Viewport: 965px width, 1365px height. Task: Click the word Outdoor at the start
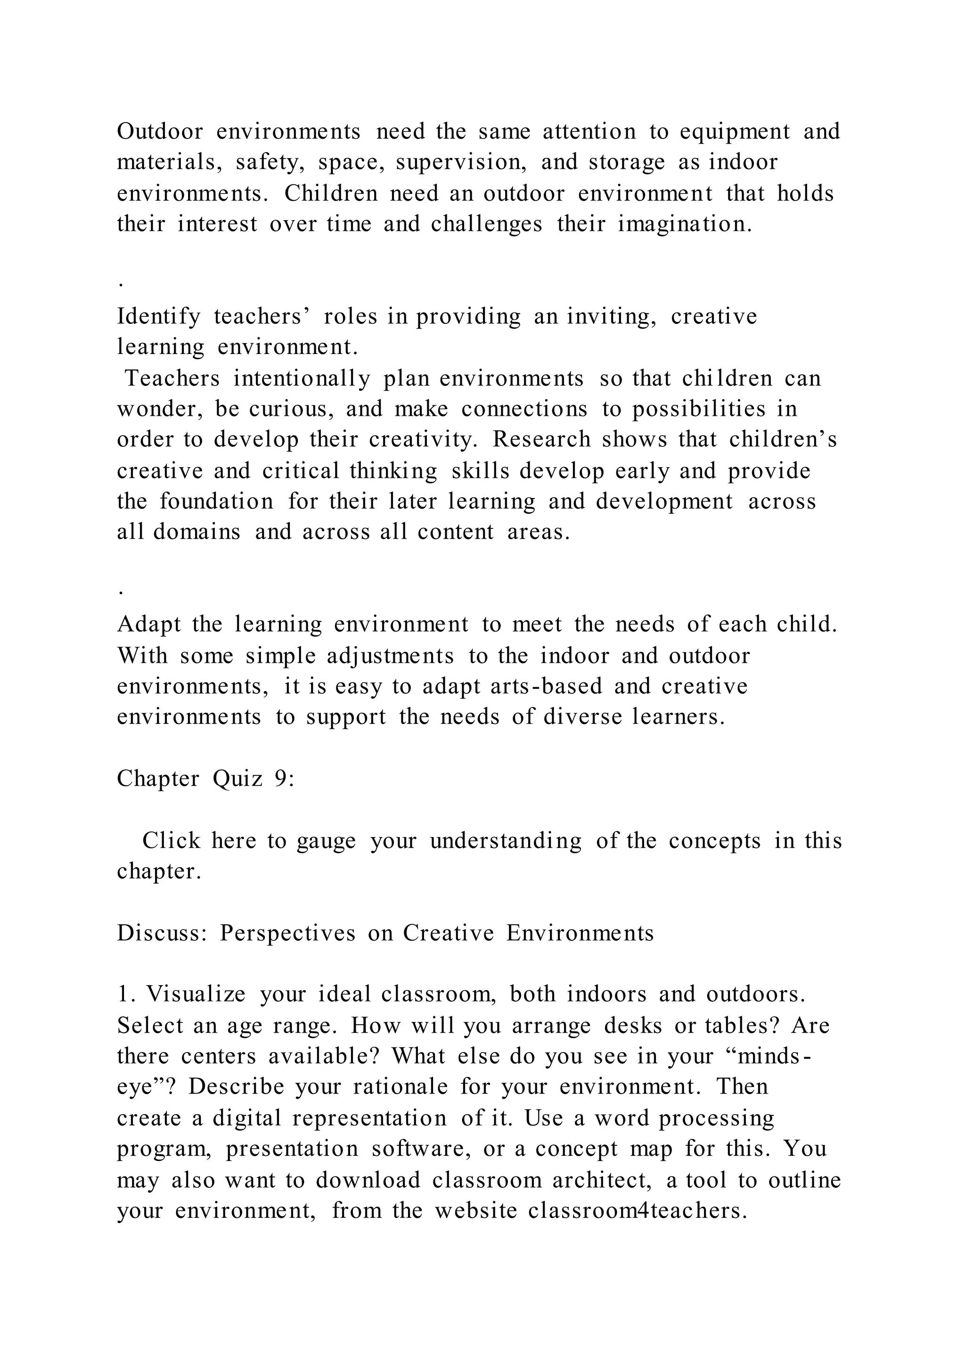(160, 132)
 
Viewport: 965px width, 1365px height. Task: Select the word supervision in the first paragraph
(460, 162)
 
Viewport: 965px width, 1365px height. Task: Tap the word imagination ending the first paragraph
(684, 224)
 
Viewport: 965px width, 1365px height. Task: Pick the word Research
(542, 439)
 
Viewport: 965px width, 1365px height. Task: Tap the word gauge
(326, 841)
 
